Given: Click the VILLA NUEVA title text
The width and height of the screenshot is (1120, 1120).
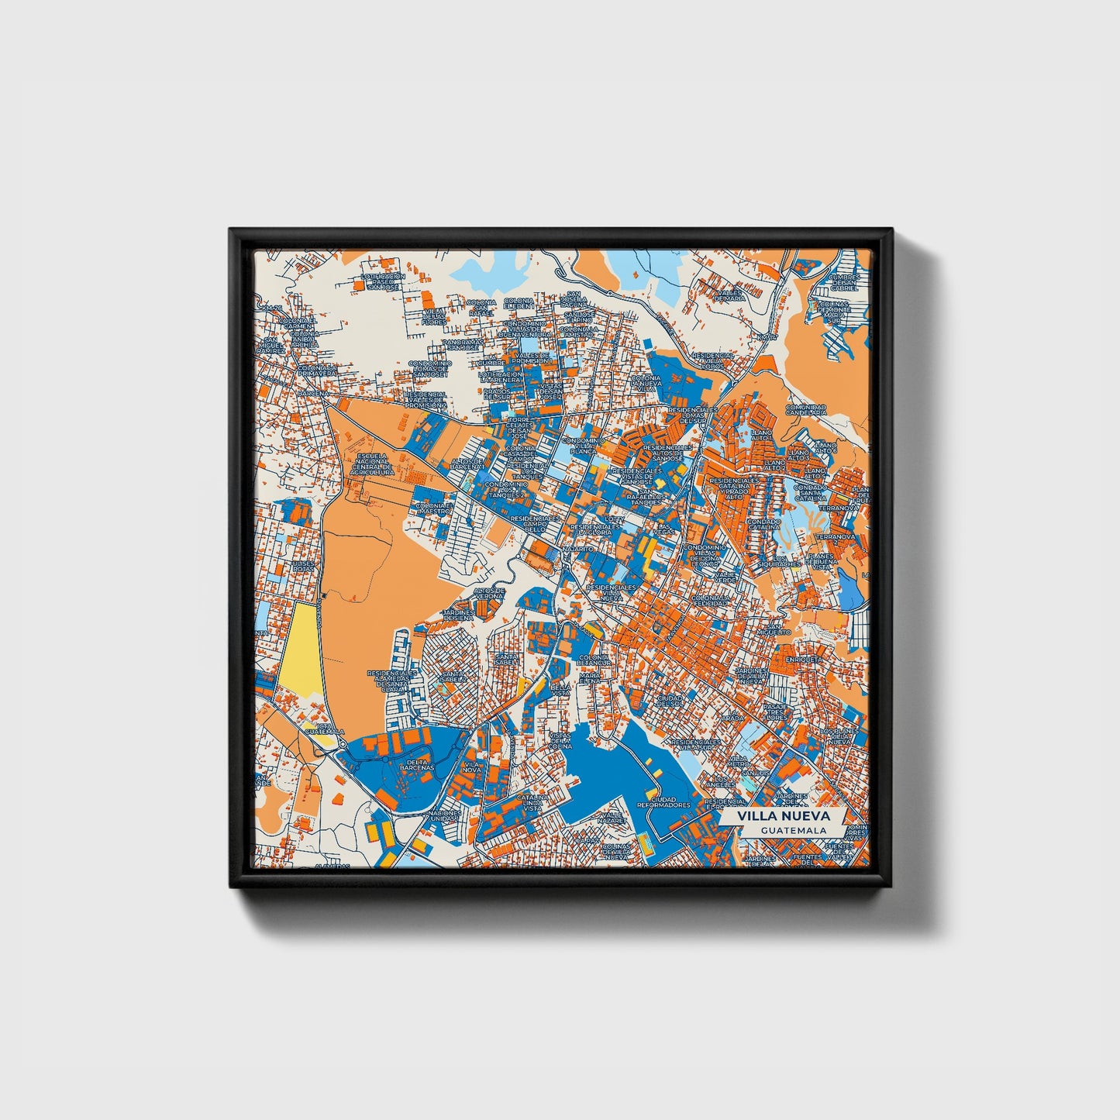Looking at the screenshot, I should [783, 816].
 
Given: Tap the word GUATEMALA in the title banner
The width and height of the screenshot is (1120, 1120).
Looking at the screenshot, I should [792, 830].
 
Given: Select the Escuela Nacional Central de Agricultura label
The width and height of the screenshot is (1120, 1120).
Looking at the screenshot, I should [373, 463].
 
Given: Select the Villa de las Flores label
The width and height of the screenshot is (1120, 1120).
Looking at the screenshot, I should [434, 316].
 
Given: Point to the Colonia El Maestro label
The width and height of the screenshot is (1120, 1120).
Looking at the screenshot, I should [432, 508].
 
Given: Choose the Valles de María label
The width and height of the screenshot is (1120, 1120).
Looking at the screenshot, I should [729, 295].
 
